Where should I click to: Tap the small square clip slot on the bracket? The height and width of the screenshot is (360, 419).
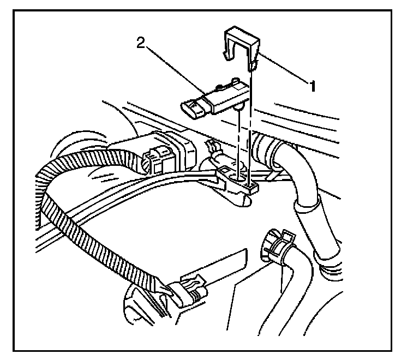point(252,187)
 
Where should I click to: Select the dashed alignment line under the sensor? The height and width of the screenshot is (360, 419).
point(239,142)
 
